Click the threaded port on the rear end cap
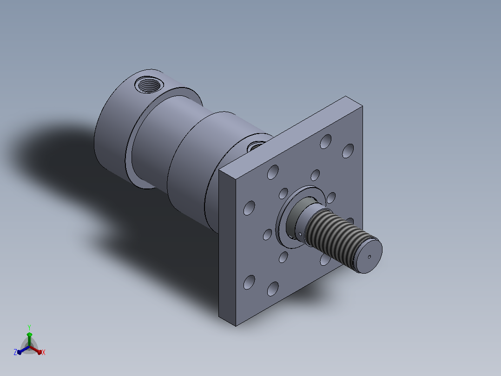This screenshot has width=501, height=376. [149, 85]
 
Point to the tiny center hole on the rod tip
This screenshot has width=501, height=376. [369, 257]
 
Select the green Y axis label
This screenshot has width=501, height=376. [29, 327]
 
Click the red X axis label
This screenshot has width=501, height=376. [44, 352]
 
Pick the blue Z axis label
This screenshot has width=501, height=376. [15, 352]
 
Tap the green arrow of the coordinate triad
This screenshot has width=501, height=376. [29, 339]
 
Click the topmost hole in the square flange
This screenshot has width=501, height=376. [326, 141]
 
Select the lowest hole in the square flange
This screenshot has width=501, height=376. [272, 289]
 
